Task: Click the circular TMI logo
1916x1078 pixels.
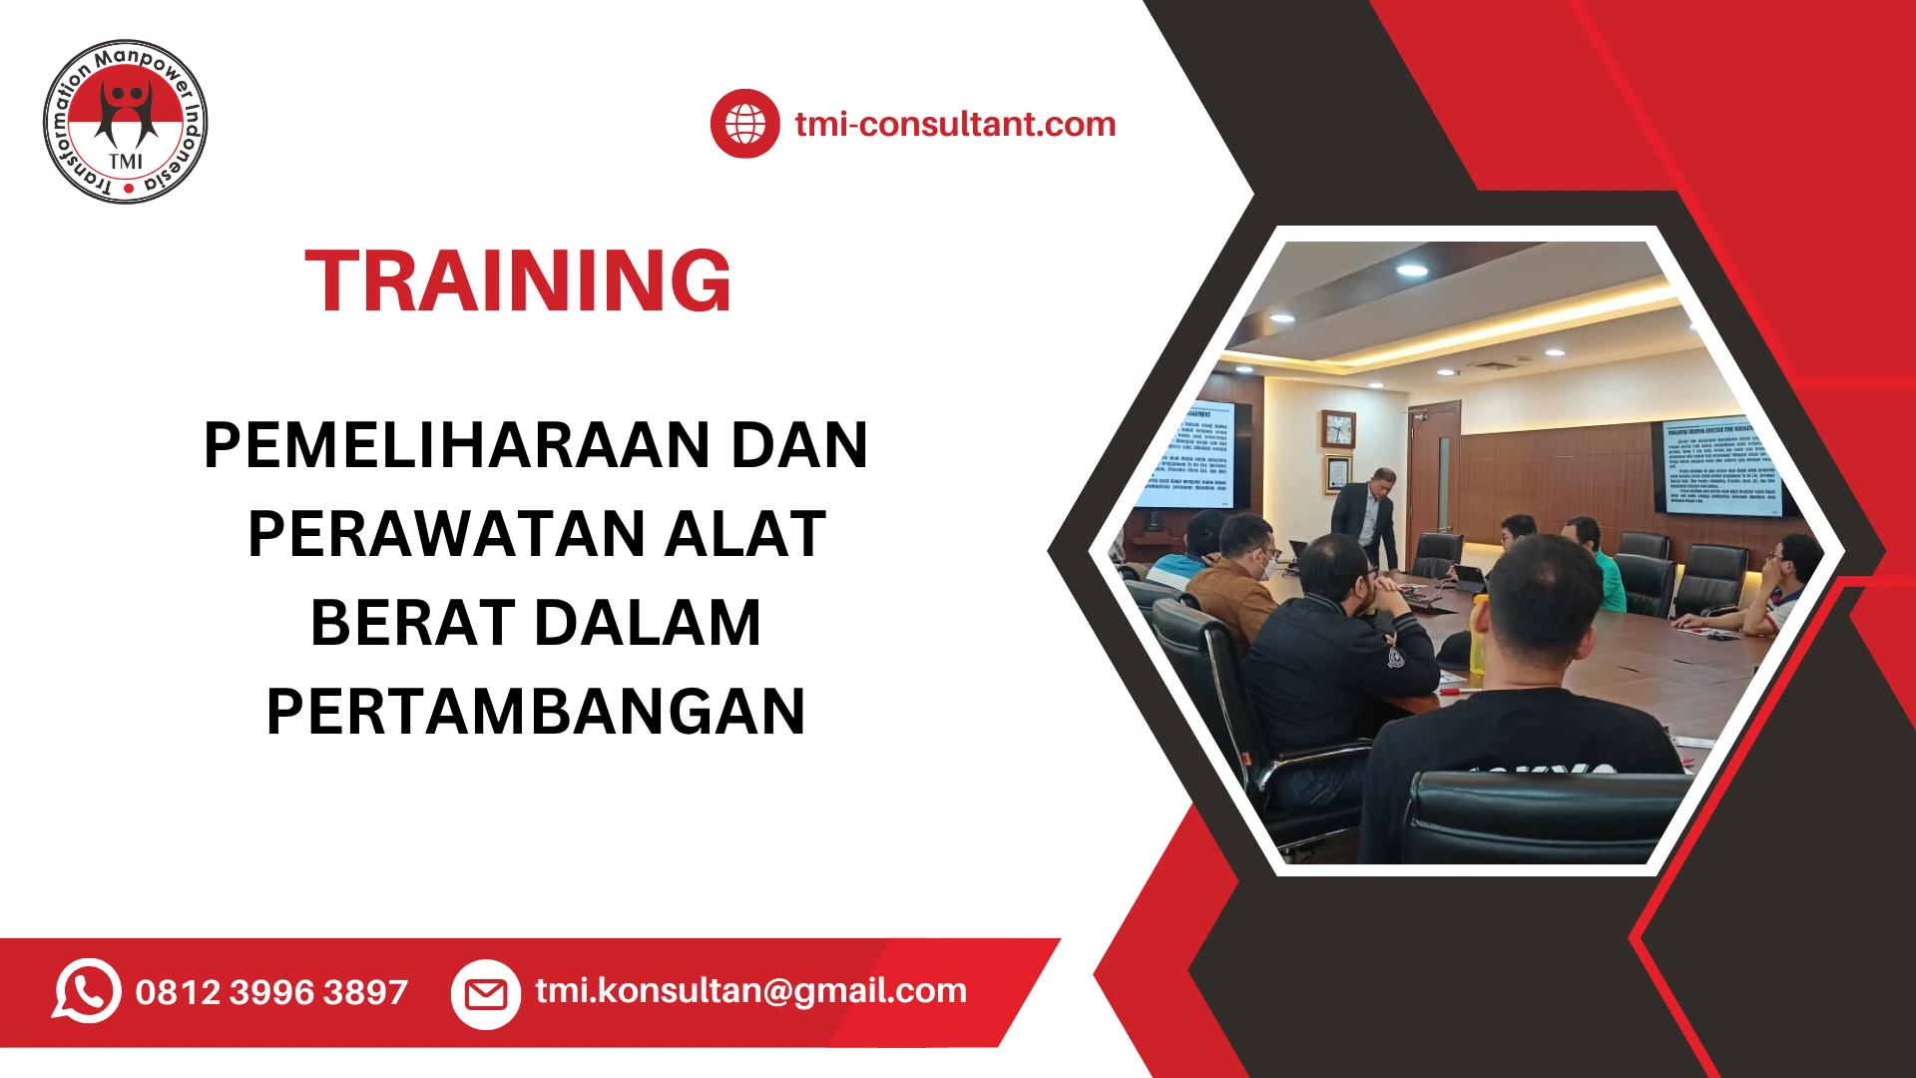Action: tap(126, 123)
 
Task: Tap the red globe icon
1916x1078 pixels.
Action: tap(744, 124)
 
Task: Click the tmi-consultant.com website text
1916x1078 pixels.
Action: tap(955, 124)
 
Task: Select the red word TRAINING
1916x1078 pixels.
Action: tap(518, 281)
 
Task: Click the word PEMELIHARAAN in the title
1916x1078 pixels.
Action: tap(455, 445)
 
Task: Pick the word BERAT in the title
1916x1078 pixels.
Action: tap(412, 623)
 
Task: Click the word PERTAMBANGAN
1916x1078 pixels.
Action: tap(536, 712)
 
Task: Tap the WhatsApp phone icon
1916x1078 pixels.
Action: tap(87, 991)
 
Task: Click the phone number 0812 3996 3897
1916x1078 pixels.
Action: tap(271, 992)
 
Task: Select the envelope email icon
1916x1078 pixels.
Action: tap(486, 993)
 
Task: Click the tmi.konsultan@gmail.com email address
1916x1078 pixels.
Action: tap(750, 990)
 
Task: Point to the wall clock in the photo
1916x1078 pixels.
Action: tap(1338, 429)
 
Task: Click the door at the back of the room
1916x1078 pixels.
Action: tap(1435, 469)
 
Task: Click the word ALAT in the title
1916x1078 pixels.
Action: tap(745, 534)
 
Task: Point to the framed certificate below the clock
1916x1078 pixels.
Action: tap(1337, 474)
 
